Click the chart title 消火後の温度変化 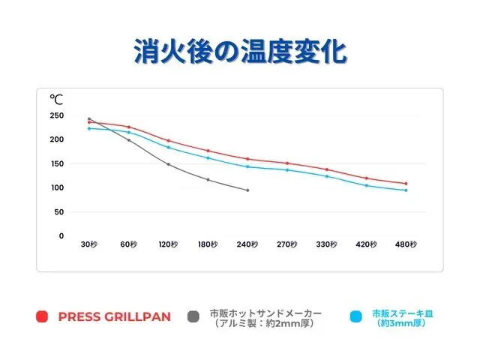(x=239, y=52)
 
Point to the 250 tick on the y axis (x=57, y=115)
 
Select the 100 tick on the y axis (x=57, y=187)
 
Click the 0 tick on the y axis (x=61, y=235)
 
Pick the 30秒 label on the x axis (x=89, y=244)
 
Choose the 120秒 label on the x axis (x=168, y=244)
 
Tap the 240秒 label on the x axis (x=247, y=244)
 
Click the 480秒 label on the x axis (x=406, y=244)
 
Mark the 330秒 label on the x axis (x=327, y=244)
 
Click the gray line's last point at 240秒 (x=247, y=190)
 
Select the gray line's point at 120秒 (x=168, y=164)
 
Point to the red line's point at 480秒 (x=406, y=183)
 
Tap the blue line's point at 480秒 (x=406, y=190)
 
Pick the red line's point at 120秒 (x=168, y=140)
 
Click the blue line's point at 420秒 (x=367, y=185)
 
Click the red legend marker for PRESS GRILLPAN (x=42, y=316)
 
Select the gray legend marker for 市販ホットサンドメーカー (x=193, y=316)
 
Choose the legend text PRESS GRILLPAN (x=114, y=316)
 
